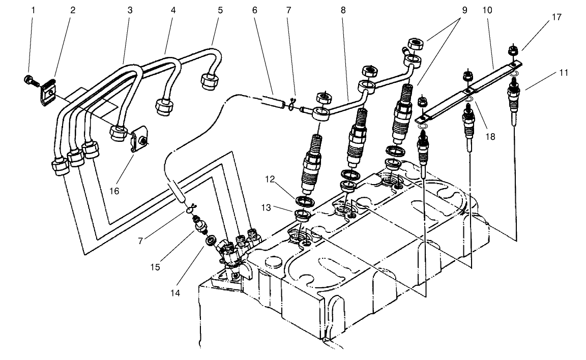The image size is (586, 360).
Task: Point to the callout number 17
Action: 556,17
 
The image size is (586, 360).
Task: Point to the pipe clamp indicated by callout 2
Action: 48,93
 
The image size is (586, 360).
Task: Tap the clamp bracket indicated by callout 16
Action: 138,142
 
